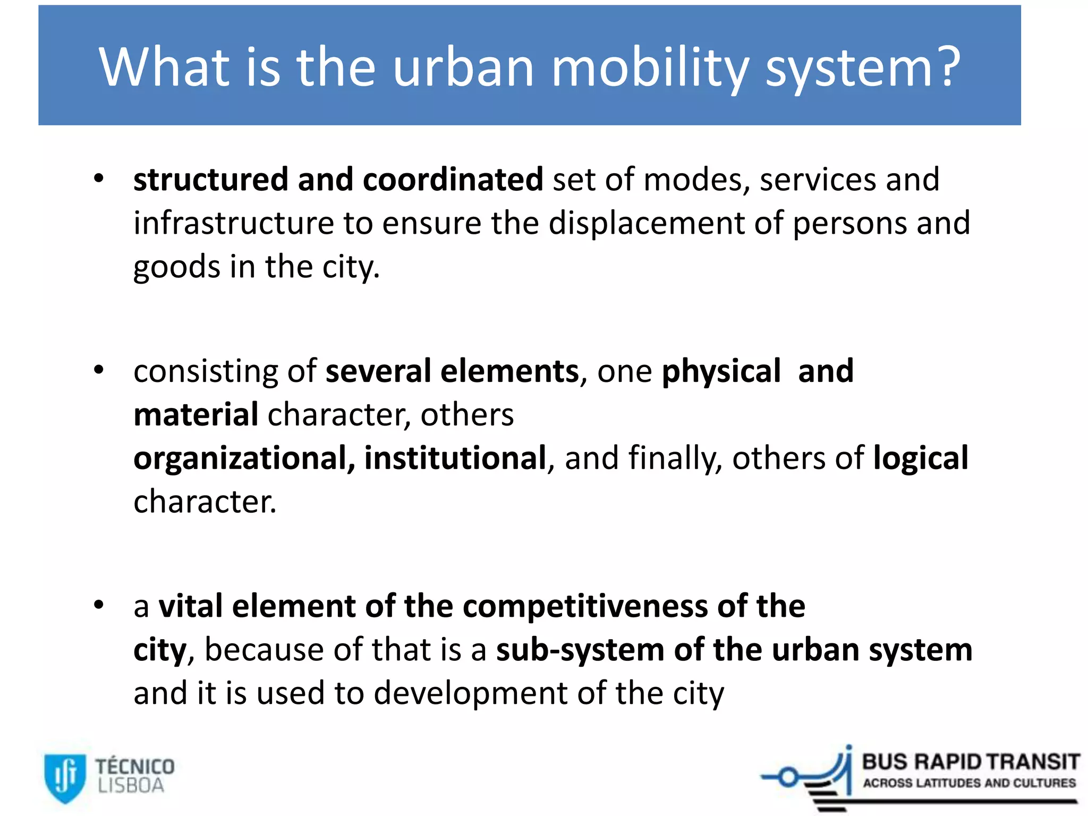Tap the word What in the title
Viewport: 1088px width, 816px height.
pos(164,67)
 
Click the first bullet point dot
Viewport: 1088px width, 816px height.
pos(99,179)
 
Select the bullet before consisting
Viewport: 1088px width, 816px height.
pos(99,370)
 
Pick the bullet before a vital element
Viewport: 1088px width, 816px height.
pos(99,605)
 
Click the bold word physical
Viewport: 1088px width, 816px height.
pos(721,371)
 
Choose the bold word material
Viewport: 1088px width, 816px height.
pos(195,415)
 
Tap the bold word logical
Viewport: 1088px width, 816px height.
pos(921,458)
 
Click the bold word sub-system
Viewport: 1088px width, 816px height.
pos(580,650)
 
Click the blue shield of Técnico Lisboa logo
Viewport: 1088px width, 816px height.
pos(65,777)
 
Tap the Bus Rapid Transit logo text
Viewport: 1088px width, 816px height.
pos(970,762)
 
